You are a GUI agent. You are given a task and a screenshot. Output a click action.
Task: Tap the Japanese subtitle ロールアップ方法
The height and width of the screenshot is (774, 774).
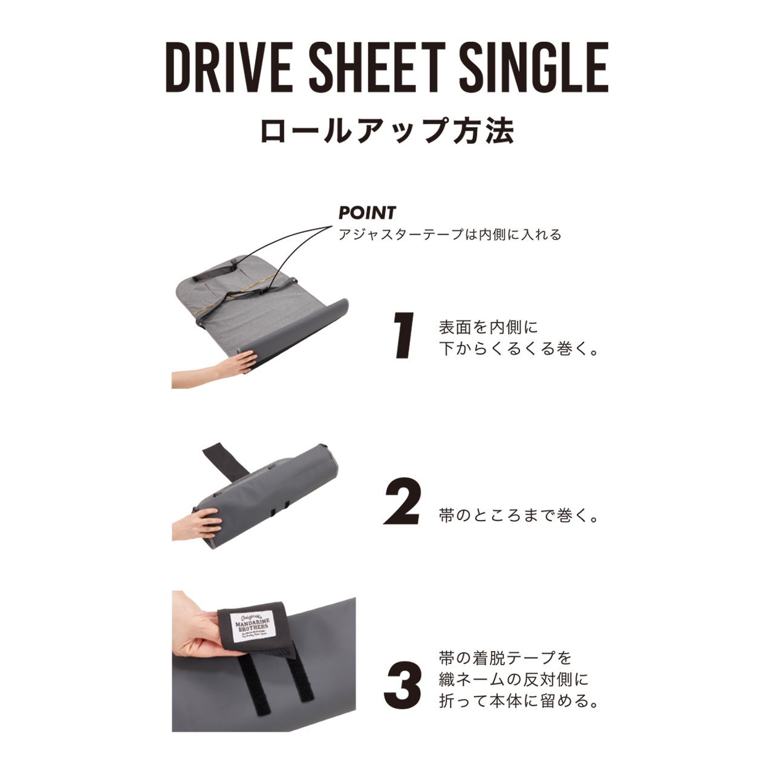coord(387,131)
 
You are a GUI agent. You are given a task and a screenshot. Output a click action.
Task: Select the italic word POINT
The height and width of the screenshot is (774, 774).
coord(367,213)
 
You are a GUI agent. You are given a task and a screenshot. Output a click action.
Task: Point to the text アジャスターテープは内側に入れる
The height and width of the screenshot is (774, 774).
coord(450,235)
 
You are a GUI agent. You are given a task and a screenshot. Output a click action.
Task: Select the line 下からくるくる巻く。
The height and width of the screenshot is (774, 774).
coord(519,350)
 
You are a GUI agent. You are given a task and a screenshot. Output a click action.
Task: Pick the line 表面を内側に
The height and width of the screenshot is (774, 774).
coord(488,327)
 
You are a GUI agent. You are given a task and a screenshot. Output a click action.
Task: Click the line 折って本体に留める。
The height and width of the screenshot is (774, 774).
coord(519,701)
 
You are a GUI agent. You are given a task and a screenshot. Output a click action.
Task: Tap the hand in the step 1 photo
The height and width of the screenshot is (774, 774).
coord(218,366)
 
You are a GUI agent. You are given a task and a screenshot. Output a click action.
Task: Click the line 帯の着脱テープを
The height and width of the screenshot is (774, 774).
coord(504,657)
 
